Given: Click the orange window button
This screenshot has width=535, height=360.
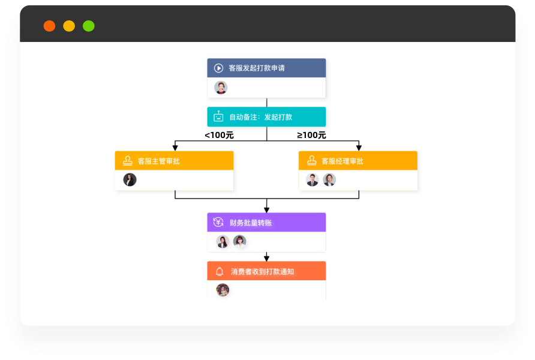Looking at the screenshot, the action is pos(49,26).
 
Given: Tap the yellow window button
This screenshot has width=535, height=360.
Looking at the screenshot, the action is pos(69,26).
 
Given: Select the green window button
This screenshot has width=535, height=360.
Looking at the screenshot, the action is pos(89,26).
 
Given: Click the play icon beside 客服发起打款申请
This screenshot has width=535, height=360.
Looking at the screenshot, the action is pos(219,68).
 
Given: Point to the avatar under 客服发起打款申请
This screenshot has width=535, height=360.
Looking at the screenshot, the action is pos(221,88).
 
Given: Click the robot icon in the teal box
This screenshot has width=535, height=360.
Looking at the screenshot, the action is pos(218,117).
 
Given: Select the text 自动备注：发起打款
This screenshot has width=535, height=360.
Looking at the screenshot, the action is pos(261,117).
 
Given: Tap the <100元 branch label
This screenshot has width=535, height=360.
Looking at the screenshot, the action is pos(219,136).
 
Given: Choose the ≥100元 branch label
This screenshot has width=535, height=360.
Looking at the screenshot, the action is pos(311,136).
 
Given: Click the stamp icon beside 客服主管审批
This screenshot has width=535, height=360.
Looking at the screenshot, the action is pos(128,161).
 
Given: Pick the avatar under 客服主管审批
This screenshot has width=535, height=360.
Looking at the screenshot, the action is pos(130,180).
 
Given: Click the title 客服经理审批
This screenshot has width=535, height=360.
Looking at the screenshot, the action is pos(342,161).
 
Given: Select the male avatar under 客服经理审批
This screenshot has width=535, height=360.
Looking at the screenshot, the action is pos(312,180).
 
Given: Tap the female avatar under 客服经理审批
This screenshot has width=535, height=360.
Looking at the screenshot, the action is pos(329,180).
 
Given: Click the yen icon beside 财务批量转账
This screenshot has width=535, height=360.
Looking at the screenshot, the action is pos(218,222).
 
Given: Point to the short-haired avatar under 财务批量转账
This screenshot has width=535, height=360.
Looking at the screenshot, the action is pos(239,242).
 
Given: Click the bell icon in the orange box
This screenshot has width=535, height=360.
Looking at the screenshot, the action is pos(220,271).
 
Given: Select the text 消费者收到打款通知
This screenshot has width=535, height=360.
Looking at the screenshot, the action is pos(262,271).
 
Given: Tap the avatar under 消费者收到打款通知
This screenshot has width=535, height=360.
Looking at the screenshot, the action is pos(223,290).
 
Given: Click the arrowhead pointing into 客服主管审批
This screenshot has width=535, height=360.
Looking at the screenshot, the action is pos(175,148).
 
